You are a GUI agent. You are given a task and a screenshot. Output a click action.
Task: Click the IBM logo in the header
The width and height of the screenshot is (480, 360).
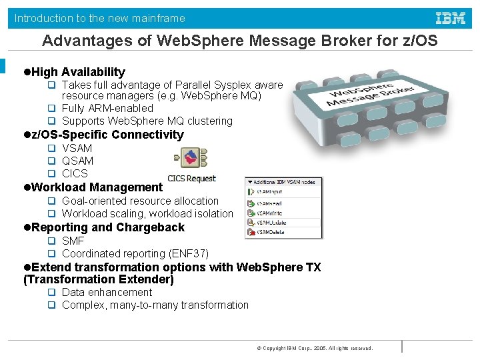(451, 18)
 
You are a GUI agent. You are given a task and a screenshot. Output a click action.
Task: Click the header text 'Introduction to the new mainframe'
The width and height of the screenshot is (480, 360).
(100, 19)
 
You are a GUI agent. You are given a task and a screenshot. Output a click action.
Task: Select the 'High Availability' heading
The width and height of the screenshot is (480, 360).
(78, 72)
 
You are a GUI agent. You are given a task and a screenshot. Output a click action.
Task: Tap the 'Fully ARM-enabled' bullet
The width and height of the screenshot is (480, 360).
(107, 108)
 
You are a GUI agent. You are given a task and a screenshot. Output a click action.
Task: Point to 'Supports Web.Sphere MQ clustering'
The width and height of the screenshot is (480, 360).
(147, 121)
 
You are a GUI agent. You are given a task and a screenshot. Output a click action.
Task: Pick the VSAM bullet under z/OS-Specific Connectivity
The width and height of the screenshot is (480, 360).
(77, 148)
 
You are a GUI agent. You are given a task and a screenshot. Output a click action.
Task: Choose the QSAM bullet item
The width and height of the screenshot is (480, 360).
(77, 161)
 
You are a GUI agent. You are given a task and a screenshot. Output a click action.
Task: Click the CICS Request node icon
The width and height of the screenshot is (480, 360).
(191, 159)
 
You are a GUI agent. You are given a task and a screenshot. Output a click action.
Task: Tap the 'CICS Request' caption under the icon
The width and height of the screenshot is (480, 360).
(191, 178)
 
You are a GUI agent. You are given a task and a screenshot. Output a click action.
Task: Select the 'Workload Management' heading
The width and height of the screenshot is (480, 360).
(97, 187)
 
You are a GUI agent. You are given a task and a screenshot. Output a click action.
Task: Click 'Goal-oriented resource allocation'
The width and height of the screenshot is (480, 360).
(140, 201)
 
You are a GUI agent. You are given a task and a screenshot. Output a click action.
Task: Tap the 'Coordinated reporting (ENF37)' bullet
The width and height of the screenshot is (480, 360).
(135, 253)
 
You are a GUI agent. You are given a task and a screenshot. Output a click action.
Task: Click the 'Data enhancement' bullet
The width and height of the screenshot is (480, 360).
(107, 292)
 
